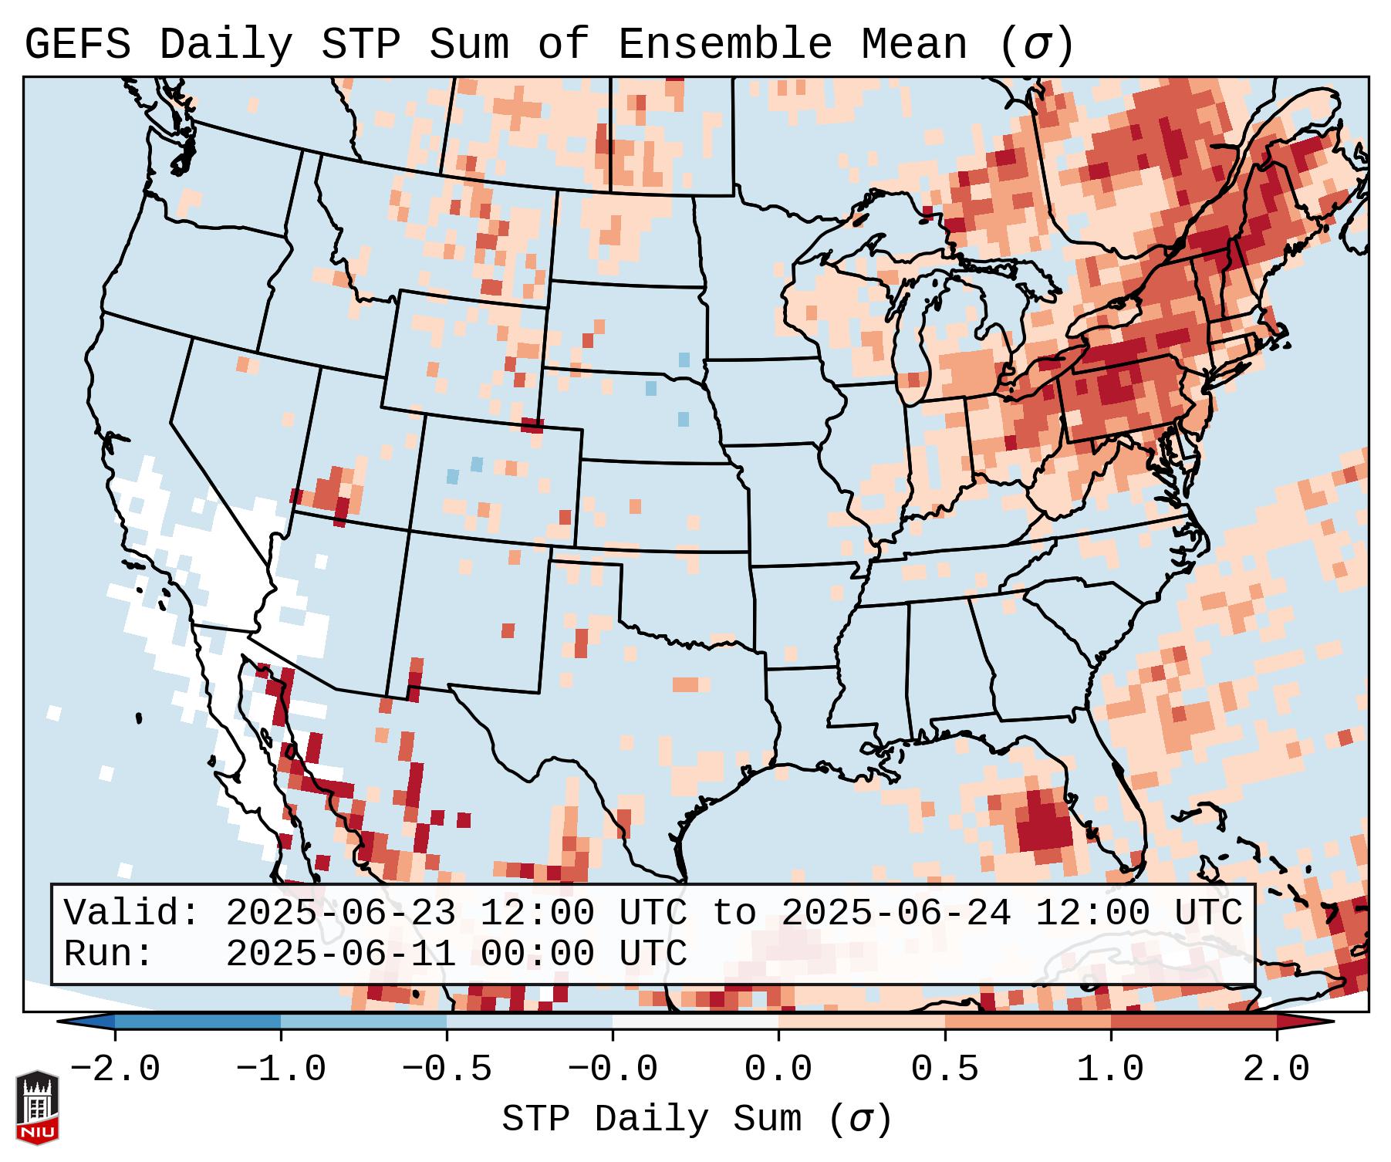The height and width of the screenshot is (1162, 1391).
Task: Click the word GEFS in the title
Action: tap(77, 44)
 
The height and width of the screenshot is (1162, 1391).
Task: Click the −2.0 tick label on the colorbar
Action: tap(115, 1069)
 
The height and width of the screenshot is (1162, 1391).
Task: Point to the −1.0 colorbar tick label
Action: tap(281, 1069)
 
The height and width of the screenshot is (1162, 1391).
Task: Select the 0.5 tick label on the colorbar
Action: tap(945, 1069)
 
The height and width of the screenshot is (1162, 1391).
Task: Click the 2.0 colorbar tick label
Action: tap(1277, 1069)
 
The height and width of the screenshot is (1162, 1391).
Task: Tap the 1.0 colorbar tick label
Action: tap(1111, 1069)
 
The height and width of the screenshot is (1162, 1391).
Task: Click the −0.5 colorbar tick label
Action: tap(447, 1069)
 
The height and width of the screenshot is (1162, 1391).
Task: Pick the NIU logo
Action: tap(37, 1107)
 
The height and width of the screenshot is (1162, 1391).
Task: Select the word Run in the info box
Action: tap(108, 954)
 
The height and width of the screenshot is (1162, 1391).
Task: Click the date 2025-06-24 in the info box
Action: tap(896, 913)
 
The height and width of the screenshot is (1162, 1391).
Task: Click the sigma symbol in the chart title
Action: tap(1036, 46)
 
